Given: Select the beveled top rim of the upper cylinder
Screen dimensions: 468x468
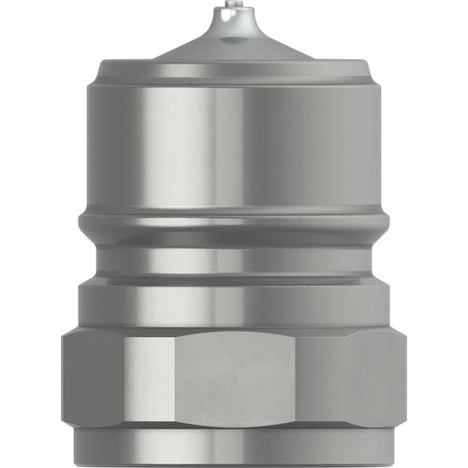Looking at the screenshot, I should pyautogui.click(x=234, y=69).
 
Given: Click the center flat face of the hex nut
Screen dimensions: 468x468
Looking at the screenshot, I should pyautogui.click(x=234, y=384).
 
